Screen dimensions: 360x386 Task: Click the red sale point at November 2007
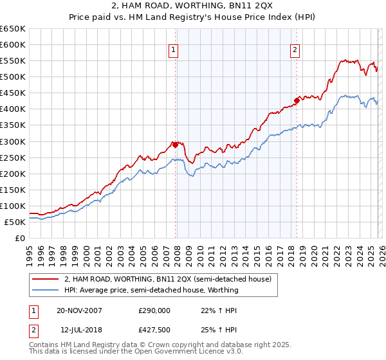pyautogui.click(x=176, y=145)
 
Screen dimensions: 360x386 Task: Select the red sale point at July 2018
pyautogui.click(x=297, y=100)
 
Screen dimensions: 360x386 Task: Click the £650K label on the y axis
pyautogui.click(x=13, y=29)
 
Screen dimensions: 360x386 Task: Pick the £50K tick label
pyautogui.click(x=15, y=222)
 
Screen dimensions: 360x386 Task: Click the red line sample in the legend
pyautogui.click(x=45, y=280)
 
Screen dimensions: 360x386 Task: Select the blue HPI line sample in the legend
pyautogui.click(x=45, y=290)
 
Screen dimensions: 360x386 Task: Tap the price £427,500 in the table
pyautogui.click(x=154, y=330)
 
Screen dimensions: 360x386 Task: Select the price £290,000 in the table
pyautogui.click(x=154, y=310)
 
